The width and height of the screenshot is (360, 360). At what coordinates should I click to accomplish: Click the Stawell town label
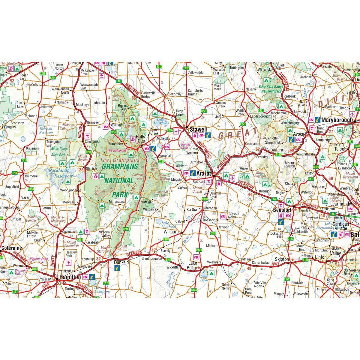[x=198, y=130]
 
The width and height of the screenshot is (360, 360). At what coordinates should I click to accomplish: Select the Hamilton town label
[x=70, y=277]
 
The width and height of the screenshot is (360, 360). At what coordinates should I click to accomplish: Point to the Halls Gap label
[x=140, y=139]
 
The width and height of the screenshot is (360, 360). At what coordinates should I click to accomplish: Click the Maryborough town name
[x=337, y=120]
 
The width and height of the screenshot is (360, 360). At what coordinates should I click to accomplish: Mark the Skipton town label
[x=282, y=259]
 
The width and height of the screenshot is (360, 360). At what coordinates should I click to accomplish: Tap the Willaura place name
[x=171, y=232]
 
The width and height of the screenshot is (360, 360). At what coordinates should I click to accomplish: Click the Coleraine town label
[x=12, y=248]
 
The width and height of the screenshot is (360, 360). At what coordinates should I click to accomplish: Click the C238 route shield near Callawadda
[x=186, y=68]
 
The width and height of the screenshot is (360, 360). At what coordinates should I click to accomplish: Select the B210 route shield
[x=160, y=67]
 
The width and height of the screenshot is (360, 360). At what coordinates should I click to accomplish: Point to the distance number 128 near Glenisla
[x=80, y=170]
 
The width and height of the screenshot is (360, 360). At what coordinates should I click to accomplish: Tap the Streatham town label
[x=243, y=259]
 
